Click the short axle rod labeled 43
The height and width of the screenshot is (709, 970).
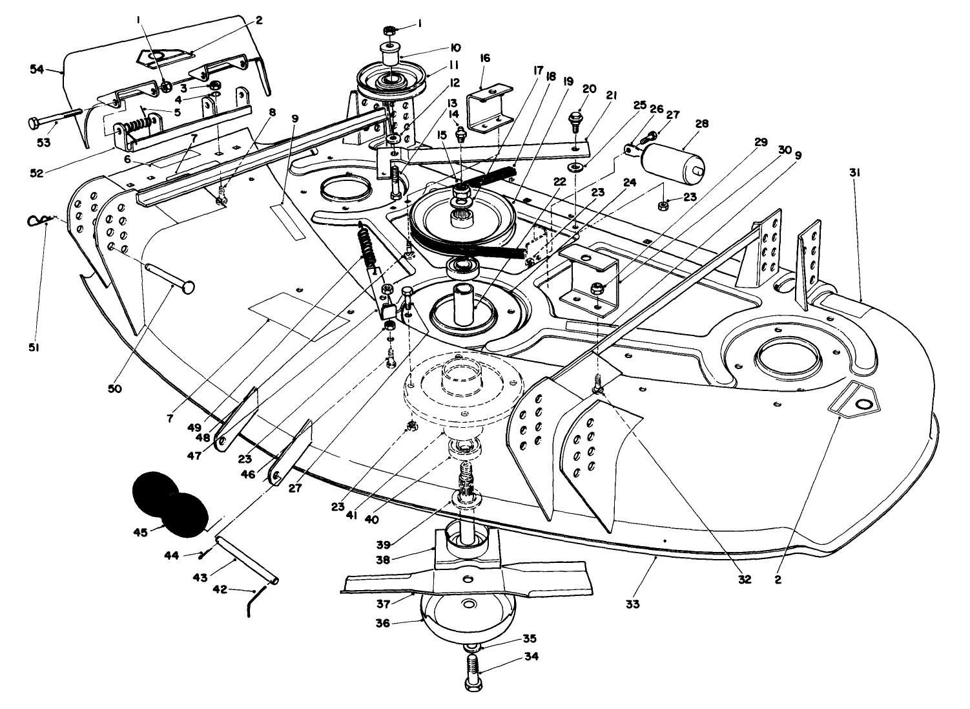coord(247,561)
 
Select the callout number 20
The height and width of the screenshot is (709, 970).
coord(590,89)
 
